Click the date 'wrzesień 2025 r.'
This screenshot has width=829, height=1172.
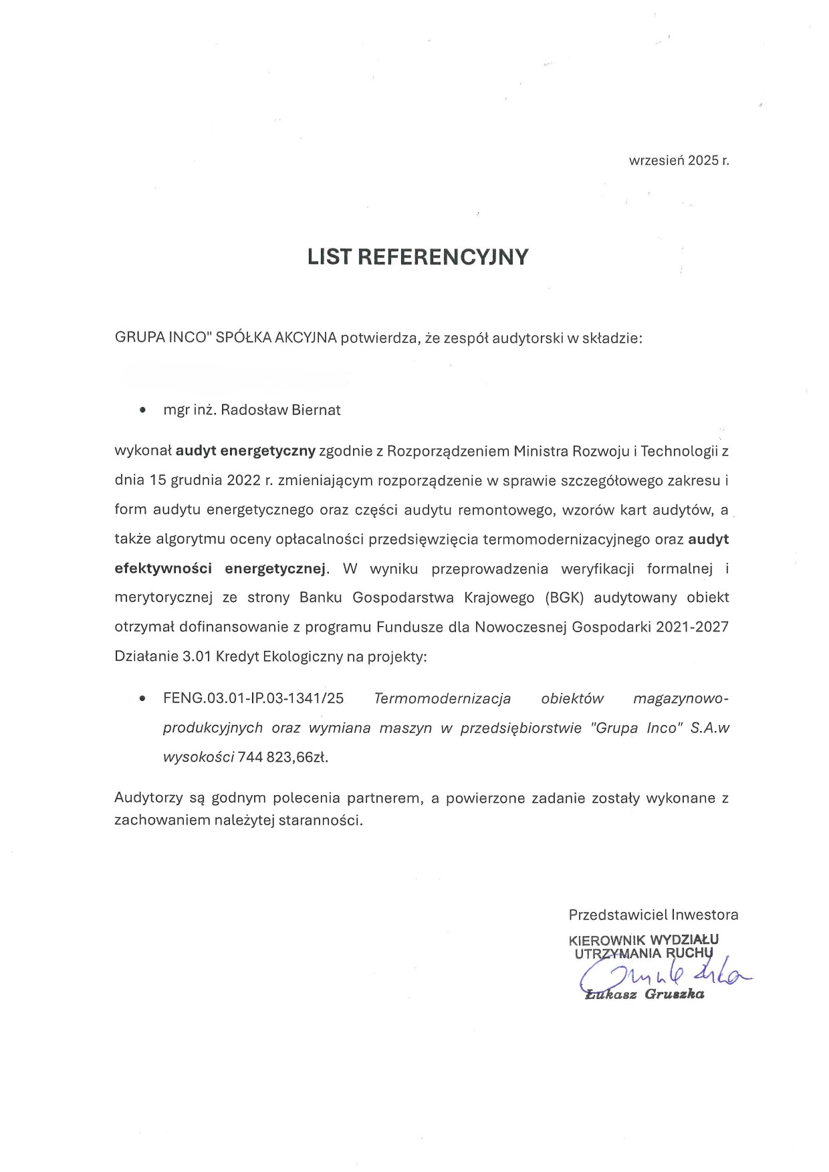pos(679,160)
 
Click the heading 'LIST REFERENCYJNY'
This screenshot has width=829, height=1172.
pos(418,257)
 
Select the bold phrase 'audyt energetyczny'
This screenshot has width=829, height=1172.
pos(245,451)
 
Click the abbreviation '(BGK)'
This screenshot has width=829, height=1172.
pos(564,597)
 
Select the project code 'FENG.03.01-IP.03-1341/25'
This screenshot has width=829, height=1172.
pos(253,699)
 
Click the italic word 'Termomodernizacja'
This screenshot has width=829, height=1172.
pos(443,699)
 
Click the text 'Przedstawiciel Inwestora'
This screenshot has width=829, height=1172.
pos(653,915)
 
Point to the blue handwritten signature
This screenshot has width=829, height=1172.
pos(662,977)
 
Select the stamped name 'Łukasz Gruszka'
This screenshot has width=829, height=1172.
pos(644,994)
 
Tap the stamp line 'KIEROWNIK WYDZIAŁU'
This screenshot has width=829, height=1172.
pos(644,940)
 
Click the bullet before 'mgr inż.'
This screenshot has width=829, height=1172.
pos(142,410)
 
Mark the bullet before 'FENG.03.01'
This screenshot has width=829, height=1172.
pos(142,699)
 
